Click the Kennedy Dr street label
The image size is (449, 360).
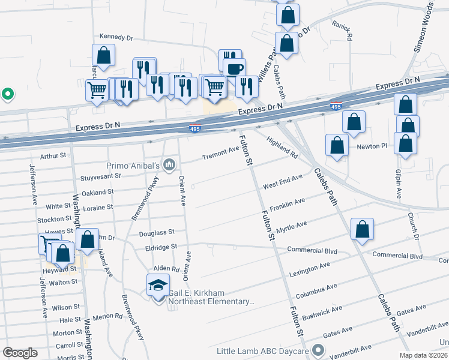(x=116, y=37)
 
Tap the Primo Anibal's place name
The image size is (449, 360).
(x=132, y=165)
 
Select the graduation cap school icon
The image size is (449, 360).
(x=158, y=284)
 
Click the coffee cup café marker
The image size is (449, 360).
(x=234, y=68)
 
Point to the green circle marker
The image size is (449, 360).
(x=7, y=94)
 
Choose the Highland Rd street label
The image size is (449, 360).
(x=283, y=148)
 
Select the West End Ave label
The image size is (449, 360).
(x=282, y=181)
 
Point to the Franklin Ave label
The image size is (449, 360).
(x=287, y=205)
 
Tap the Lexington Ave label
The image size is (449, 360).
(x=309, y=269)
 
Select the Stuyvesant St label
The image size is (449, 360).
(x=100, y=176)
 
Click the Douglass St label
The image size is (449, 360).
(x=157, y=232)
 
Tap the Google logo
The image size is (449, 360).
(x=20, y=353)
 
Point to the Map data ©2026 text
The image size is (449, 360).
(x=423, y=355)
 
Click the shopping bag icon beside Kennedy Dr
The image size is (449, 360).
(x=103, y=56)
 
